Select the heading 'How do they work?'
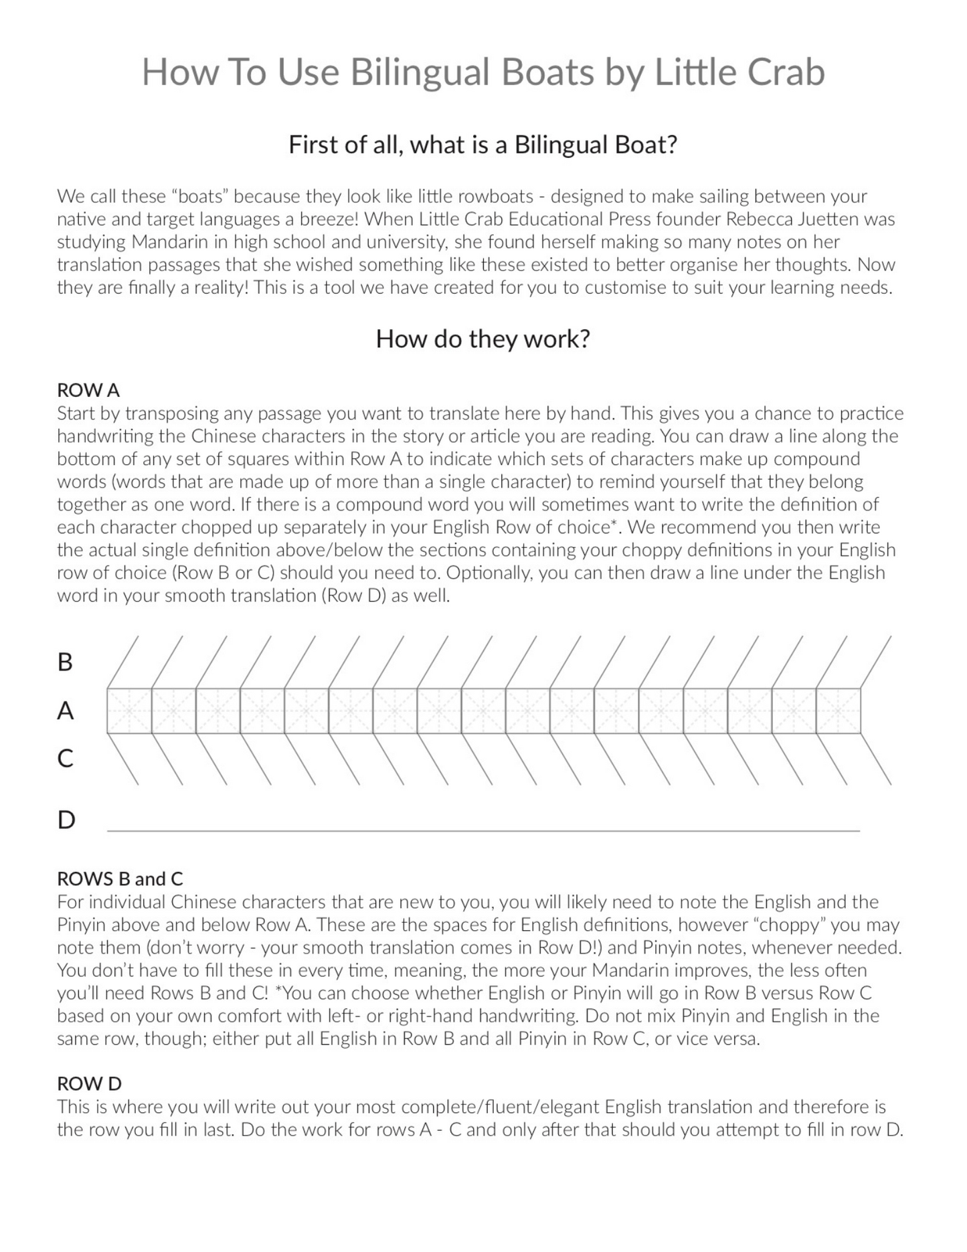(x=482, y=339)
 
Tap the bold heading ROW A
(x=88, y=390)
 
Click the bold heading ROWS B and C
(x=120, y=879)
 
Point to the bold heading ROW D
(x=89, y=1083)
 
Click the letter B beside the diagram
(x=65, y=662)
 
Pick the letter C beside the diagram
(x=65, y=758)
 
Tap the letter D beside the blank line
(x=66, y=820)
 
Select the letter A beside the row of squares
(x=65, y=711)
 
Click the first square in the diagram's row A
(x=129, y=711)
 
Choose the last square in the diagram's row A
(x=838, y=711)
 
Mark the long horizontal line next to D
(x=483, y=830)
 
